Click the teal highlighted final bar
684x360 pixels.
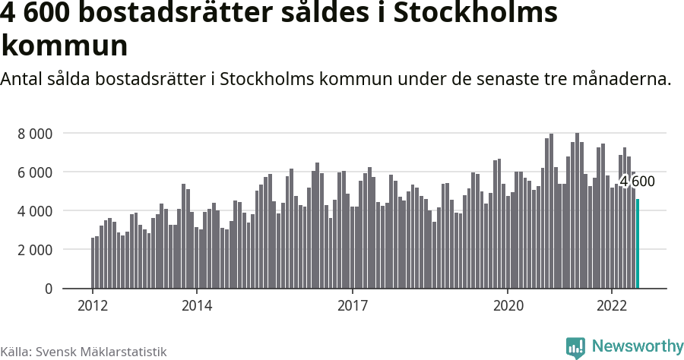(x=638, y=244)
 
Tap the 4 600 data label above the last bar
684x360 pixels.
(x=637, y=182)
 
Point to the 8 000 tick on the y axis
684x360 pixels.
(x=35, y=134)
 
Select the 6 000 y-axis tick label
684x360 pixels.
(x=35, y=172)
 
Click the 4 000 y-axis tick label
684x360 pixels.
(x=35, y=211)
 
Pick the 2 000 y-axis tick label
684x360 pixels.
(x=35, y=250)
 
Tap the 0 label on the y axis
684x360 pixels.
(x=49, y=289)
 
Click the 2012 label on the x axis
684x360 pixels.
(x=93, y=305)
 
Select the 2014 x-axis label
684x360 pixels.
(x=197, y=305)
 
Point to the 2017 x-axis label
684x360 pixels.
(x=353, y=305)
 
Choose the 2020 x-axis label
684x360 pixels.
(x=508, y=305)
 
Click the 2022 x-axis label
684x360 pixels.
(x=613, y=305)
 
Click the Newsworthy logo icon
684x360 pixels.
(x=575, y=347)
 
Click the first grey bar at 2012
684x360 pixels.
(x=93, y=263)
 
